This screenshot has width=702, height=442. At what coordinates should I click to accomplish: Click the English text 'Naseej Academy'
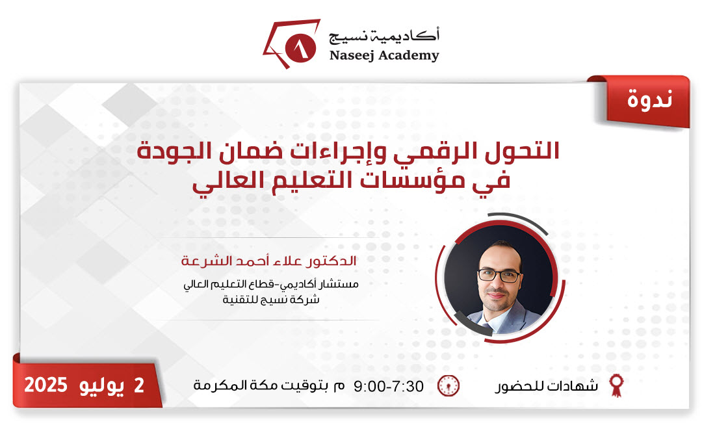(x=384, y=55)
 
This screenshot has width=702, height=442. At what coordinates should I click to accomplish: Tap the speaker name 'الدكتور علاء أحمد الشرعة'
(x=269, y=263)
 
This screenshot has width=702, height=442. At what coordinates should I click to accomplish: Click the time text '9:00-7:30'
(x=389, y=386)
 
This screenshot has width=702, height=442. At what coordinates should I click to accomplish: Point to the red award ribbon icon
(x=615, y=385)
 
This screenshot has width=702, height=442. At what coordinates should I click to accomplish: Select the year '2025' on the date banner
(x=46, y=385)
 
